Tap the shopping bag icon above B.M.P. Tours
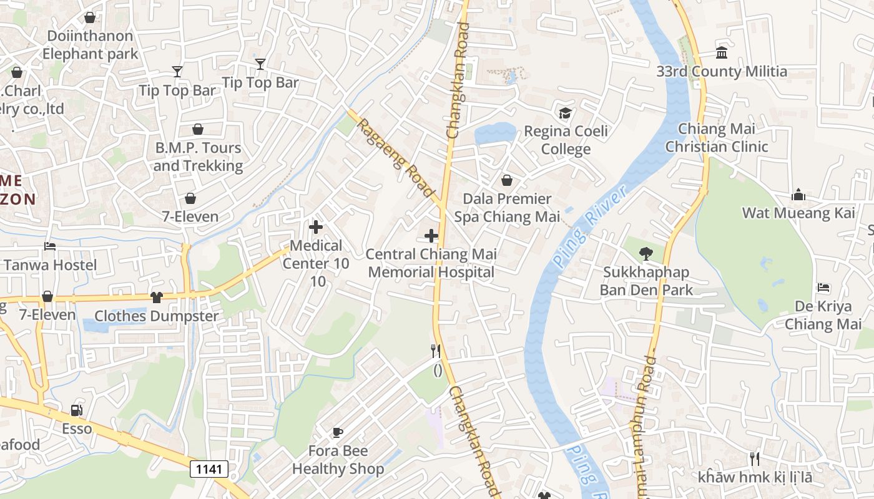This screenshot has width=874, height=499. pos(198,129)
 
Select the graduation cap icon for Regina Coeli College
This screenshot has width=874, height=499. pos(565,113)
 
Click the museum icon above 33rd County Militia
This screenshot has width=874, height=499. pos(722,52)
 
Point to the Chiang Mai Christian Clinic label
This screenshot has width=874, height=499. pos(717,138)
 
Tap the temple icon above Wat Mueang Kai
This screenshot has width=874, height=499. pos(798,195)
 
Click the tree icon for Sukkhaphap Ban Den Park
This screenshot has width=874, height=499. pos(646,254)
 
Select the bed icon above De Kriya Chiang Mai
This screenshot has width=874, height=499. pos(823,288)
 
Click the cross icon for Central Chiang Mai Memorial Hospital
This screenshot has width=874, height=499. pos(431,236)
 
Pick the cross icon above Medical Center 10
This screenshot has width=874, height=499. pos(316,227)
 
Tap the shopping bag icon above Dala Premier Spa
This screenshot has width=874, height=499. pos(507,180)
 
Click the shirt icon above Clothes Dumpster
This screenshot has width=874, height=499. pos(156,298)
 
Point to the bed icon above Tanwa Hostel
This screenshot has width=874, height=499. pos(50,246)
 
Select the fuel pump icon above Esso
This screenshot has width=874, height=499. pos(76,410)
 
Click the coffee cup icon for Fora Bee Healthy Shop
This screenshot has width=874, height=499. pos(337,432)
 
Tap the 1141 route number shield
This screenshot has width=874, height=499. pos(209,469)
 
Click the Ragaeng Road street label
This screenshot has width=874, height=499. pos(395,157)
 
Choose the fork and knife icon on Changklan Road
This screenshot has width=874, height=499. pos(436,351)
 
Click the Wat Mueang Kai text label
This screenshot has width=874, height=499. pos(798,213)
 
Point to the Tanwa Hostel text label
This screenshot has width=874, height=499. pos(50,265)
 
